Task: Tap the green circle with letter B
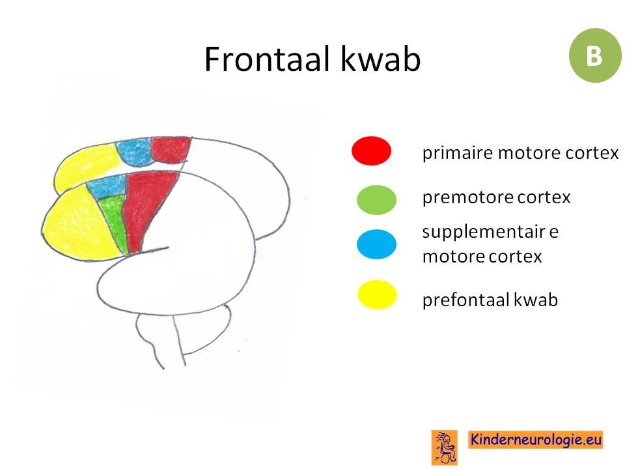(x=594, y=55)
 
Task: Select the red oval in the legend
(x=371, y=150)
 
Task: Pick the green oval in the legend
(x=376, y=200)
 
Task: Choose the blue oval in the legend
(x=376, y=244)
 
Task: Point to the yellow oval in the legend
(x=377, y=294)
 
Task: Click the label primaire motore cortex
(x=520, y=152)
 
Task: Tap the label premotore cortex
(x=496, y=197)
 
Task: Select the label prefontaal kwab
(x=490, y=300)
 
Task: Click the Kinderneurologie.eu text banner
(x=535, y=440)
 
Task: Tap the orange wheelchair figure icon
(x=445, y=448)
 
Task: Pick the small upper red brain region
(x=171, y=150)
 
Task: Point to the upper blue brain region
(x=135, y=152)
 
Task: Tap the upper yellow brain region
(x=86, y=167)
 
